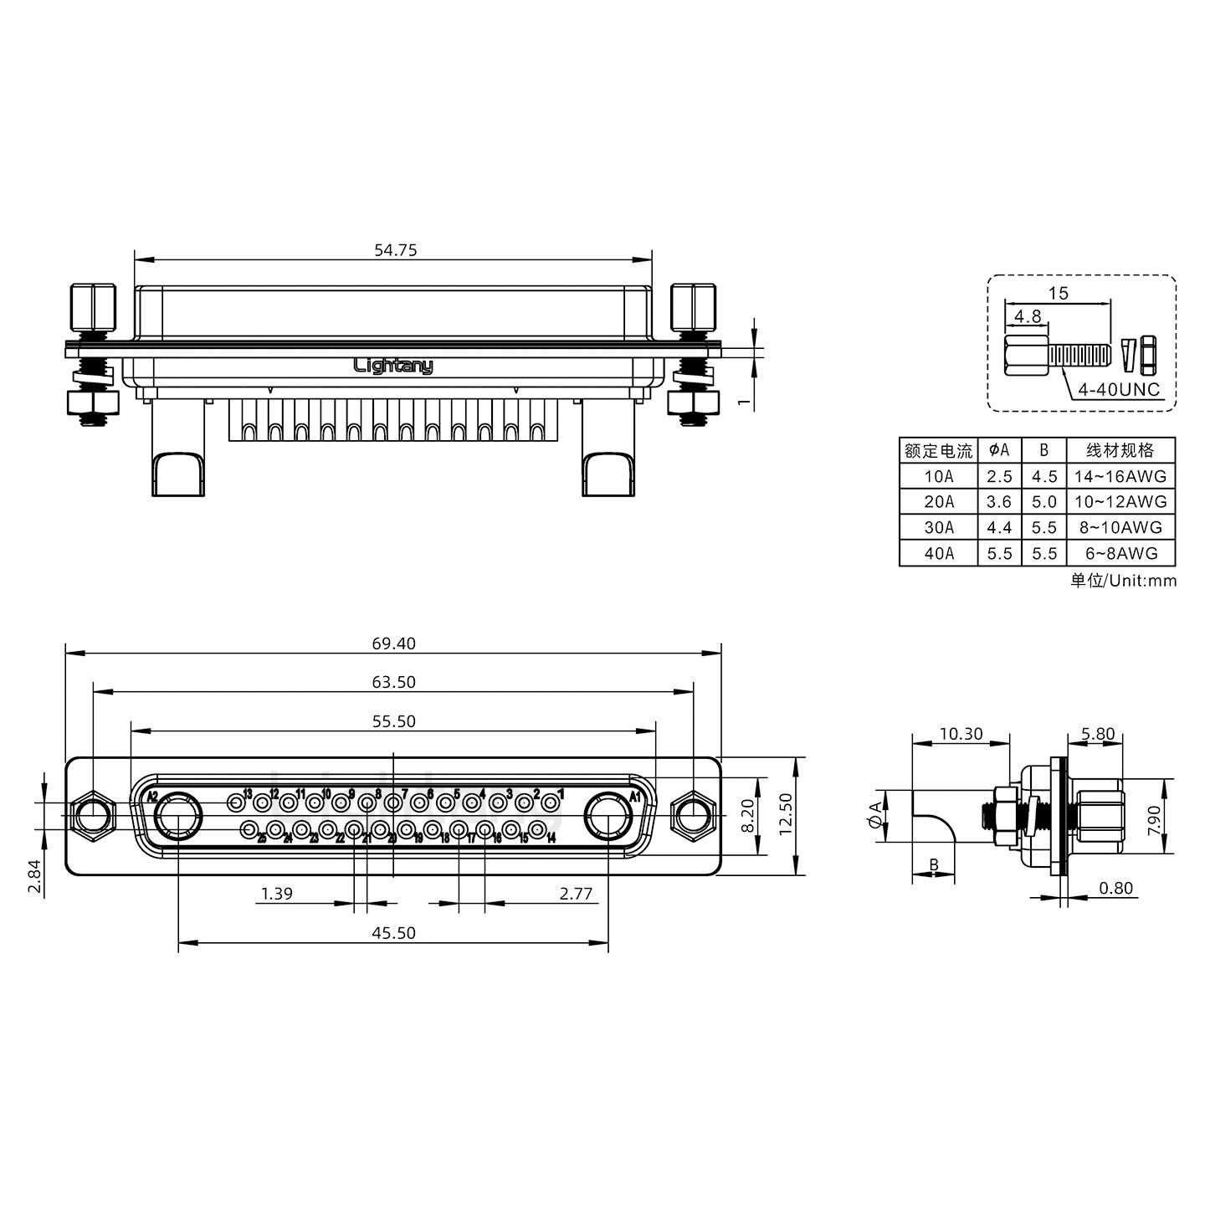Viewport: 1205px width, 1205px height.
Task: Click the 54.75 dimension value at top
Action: [x=395, y=249]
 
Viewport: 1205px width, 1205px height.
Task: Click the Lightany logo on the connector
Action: [x=393, y=366]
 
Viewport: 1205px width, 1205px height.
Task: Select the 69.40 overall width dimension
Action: [x=393, y=644]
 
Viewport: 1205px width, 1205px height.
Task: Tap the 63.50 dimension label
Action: [x=393, y=682]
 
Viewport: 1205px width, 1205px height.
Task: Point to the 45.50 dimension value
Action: [x=393, y=932]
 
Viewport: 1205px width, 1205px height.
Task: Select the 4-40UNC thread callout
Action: [x=1118, y=389]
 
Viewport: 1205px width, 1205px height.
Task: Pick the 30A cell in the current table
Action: [x=938, y=527]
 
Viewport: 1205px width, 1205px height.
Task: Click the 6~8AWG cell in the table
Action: [x=1120, y=553]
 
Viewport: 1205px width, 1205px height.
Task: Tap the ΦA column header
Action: [x=999, y=450]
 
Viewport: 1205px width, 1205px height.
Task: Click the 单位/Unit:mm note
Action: [x=1123, y=580]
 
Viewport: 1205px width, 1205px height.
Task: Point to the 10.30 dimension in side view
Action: [x=961, y=734]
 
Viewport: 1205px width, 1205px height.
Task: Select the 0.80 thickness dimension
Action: [x=1115, y=888]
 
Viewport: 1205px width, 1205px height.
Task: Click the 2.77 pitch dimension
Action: [x=576, y=894]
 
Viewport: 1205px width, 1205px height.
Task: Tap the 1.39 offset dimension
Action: [x=276, y=894]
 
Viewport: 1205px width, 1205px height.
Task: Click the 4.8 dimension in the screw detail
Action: [x=1028, y=316]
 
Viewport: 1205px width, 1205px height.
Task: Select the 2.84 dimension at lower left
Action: [x=34, y=877]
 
